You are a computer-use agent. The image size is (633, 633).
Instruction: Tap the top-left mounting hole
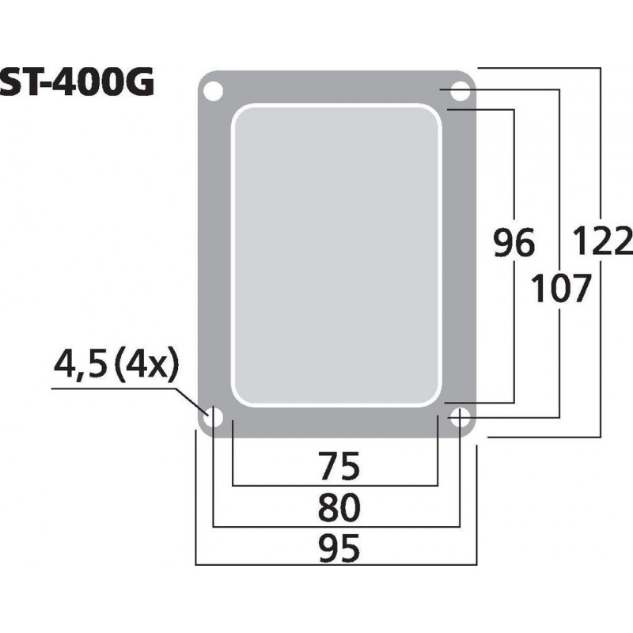[212, 90]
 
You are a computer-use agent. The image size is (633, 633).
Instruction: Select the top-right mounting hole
[460, 91]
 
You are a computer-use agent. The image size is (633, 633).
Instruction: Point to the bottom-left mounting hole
[213, 417]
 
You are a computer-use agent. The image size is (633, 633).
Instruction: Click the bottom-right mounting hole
[460, 417]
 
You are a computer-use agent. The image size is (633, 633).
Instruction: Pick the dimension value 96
[514, 244]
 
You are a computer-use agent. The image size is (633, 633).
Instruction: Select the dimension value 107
[561, 289]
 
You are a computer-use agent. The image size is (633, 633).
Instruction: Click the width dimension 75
[337, 466]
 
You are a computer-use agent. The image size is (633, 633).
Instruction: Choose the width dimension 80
[337, 506]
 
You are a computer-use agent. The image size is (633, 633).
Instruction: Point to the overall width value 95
[337, 547]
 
